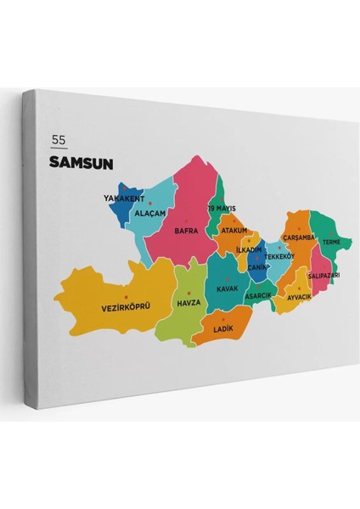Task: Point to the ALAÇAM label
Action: tap(150, 213)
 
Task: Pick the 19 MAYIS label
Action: tap(222, 208)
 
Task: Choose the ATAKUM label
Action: tap(233, 230)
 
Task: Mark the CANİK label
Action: tap(257, 267)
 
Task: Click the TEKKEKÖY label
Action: tap(278, 256)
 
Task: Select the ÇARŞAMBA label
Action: tap(299, 238)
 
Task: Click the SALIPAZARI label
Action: tap(324, 276)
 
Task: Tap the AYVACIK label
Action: tap(300, 297)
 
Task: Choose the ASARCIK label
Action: tap(259, 295)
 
